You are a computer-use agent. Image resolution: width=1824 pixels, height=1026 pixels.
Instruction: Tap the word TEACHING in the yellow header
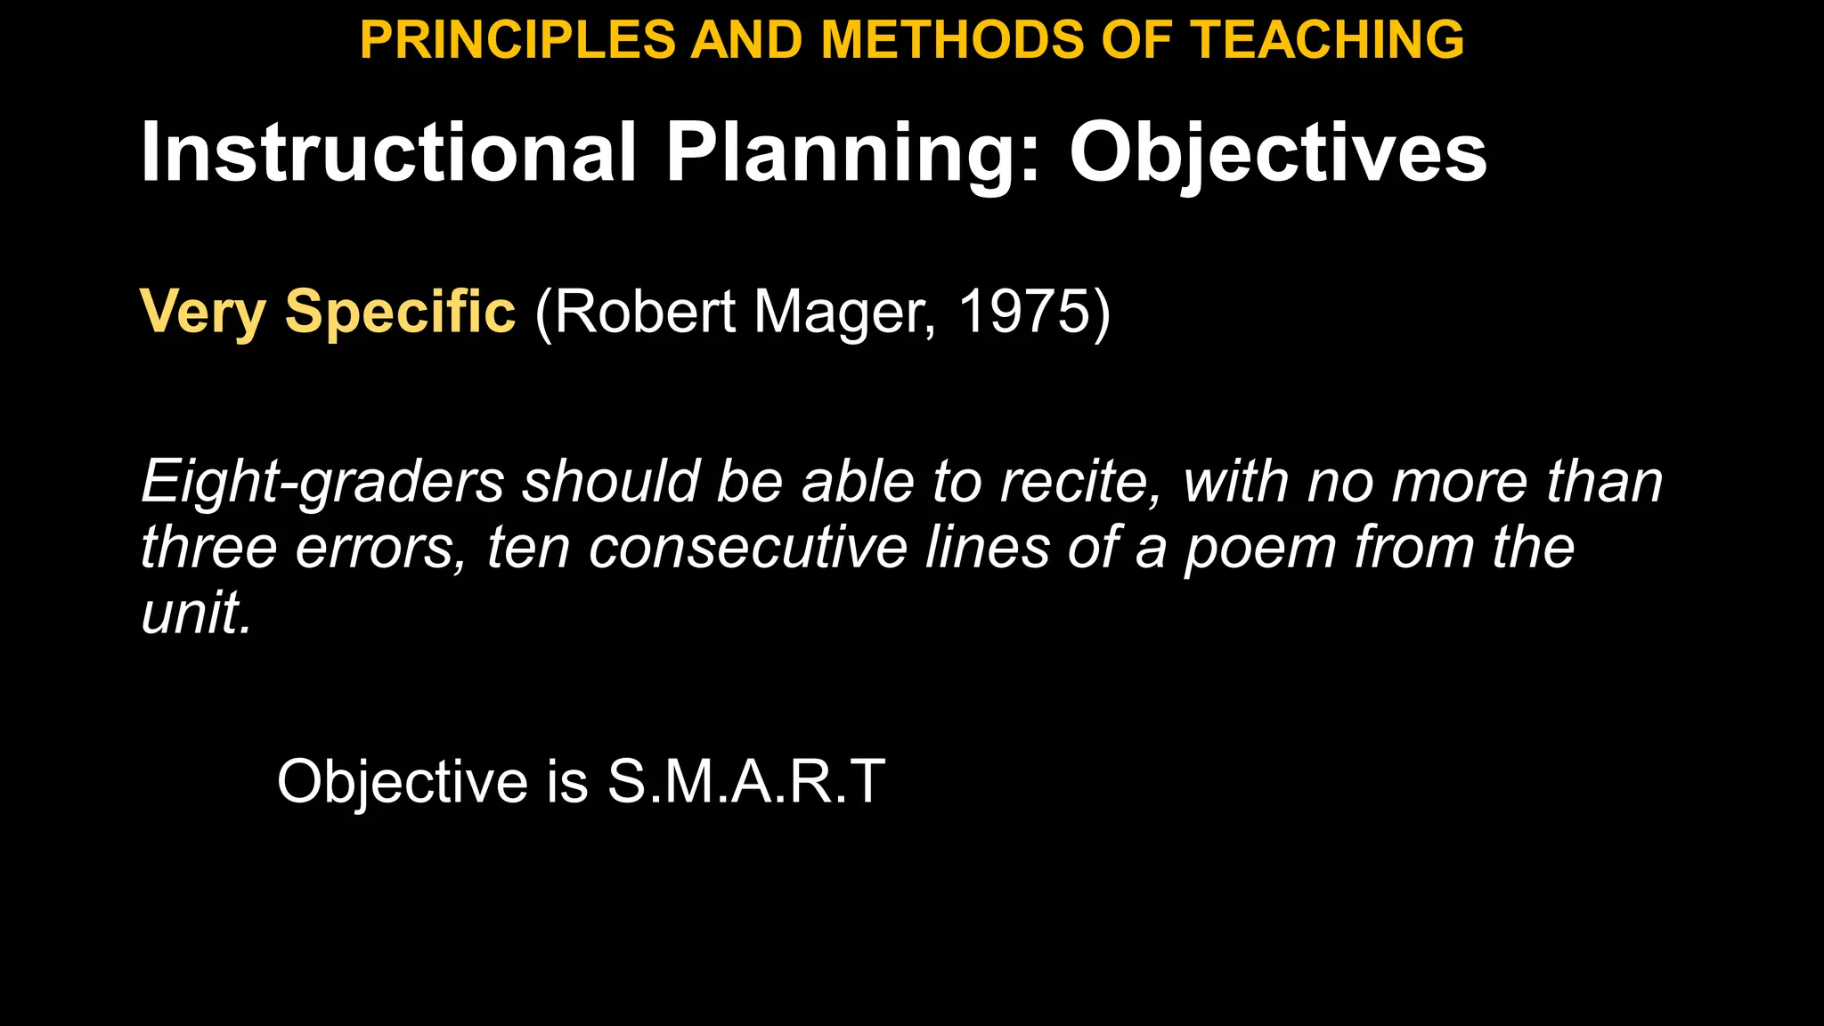click(1328, 40)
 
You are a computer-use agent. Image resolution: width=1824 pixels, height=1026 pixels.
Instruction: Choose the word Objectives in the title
click(1278, 153)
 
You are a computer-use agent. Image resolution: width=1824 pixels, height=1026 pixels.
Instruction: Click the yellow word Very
click(203, 313)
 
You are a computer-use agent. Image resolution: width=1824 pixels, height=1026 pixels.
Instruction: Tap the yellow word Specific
click(400, 313)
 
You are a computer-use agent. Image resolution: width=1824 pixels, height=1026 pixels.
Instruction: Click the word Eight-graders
click(322, 482)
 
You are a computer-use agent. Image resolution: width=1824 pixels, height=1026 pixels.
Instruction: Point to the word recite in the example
click(1079, 482)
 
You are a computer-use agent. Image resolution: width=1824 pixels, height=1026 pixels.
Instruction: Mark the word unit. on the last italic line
click(197, 613)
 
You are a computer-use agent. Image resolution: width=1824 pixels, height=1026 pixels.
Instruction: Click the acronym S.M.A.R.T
click(746, 781)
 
